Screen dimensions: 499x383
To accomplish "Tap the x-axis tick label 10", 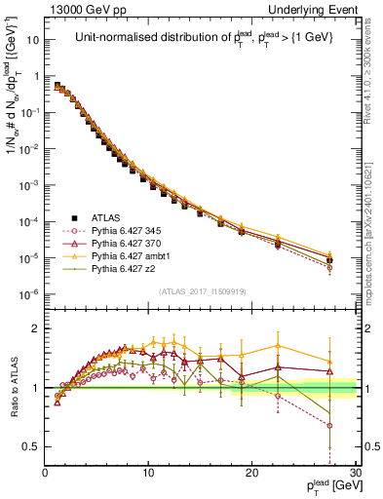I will (x=148, y=475).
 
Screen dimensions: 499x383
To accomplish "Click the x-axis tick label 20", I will (x=252, y=475).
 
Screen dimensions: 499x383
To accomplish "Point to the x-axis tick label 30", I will (x=355, y=475).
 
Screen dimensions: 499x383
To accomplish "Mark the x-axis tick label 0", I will (x=45, y=475).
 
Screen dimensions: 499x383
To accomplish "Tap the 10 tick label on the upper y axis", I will (x=32, y=41).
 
